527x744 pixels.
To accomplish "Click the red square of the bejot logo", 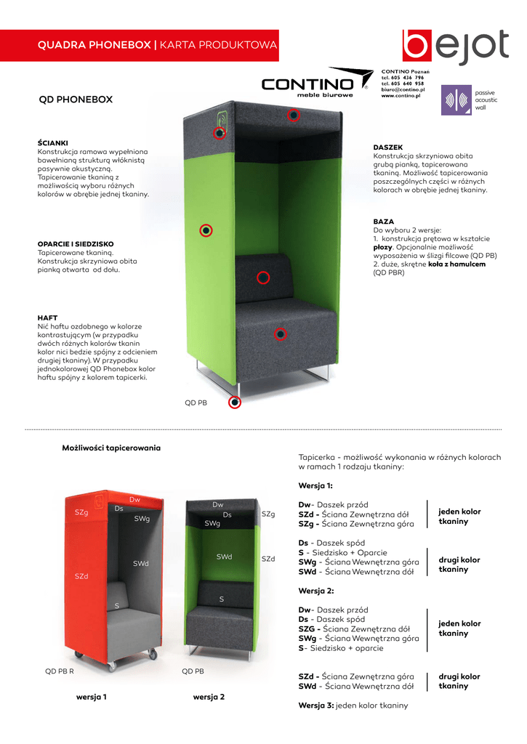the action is pyautogui.click(x=417, y=46).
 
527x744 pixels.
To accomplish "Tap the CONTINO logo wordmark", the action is pyautogui.click(x=307, y=84).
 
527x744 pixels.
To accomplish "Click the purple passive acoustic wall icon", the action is pyautogui.click(x=456, y=100).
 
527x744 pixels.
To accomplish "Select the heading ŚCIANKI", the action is pyautogui.click(x=52, y=143).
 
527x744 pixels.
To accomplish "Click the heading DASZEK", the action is pyautogui.click(x=388, y=147).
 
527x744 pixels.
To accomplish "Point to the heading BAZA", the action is pyautogui.click(x=384, y=222).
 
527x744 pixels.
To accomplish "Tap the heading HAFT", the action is pyautogui.click(x=47, y=318).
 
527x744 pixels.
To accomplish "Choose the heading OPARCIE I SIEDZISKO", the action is pyautogui.click(x=76, y=244).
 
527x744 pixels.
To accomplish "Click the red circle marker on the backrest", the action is pyautogui.click(x=263, y=278).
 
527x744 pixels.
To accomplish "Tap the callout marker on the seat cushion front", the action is pyautogui.click(x=281, y=334).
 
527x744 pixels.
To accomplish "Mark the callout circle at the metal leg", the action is pyautogui.click(x=235, y=403).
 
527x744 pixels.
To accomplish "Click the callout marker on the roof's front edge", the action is pyautogui.click(x=294, y=115).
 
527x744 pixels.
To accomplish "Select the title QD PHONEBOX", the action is pyautogui.click(x=76, y=100).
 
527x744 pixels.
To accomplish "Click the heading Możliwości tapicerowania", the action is pyautogui.click(x=111, y=448).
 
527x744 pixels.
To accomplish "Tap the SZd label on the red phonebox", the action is pyautogui.click(x=81, y=576).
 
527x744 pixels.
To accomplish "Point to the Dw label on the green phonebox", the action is pyautogui.click(x=218, y=504).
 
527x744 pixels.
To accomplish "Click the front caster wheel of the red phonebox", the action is pyautogui.click(x=112, y=666).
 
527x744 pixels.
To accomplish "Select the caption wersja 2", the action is pyautogui.click(x=209, y=697).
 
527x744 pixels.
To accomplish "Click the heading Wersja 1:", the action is pyautogui.click(x=315, y=486).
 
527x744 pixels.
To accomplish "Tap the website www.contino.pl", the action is pyautogui.click(x=401, y=95).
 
